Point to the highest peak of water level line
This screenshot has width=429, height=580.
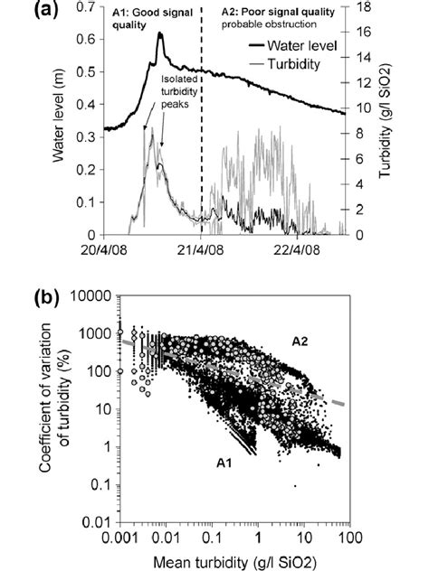pyautogui.click(x=159, y=33)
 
